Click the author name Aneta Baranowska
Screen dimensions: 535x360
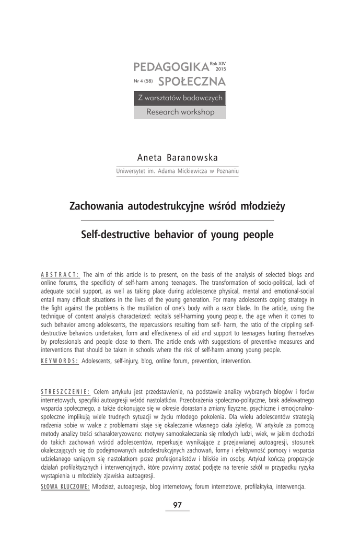pos(177,158)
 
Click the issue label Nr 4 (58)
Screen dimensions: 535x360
pos(143,82)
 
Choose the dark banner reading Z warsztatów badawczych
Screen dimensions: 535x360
pos(180,98)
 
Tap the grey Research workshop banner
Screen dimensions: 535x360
pos(180,112)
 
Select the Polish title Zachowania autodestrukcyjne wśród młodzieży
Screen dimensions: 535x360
pos(177,206)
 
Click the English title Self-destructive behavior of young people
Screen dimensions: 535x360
pos(177,235)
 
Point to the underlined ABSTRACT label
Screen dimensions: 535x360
pos(60,274)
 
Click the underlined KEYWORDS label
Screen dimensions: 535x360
pos(60,361)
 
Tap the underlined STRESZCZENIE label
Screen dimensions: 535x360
pos(65,391)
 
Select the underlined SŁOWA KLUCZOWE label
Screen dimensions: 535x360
pos(65,486)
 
